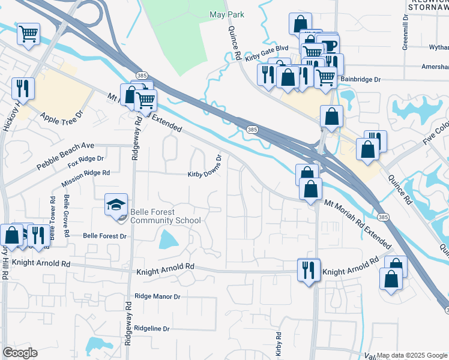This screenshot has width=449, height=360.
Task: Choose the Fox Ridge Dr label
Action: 86,161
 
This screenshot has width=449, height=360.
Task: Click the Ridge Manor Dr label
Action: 157,296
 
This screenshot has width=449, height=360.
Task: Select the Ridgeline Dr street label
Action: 152,329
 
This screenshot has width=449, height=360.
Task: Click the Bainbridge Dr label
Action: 361,79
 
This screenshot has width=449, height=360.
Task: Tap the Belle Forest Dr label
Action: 105,236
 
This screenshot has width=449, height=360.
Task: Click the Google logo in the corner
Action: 20,353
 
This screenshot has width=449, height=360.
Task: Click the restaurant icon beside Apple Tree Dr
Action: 23,88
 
